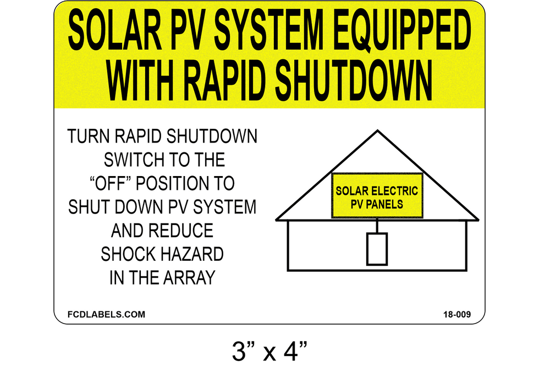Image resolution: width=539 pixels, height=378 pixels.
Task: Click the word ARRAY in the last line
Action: pos(189,278)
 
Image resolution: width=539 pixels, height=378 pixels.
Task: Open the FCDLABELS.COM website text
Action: pos(106,314)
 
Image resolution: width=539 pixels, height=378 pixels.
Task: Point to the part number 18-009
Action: pos(457,314)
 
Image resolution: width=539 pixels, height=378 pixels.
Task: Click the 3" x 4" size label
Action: pos(269,351)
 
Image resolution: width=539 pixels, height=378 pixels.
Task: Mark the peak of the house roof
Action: pos(377,130)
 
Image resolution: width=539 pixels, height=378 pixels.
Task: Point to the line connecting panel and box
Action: pos(377,226)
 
